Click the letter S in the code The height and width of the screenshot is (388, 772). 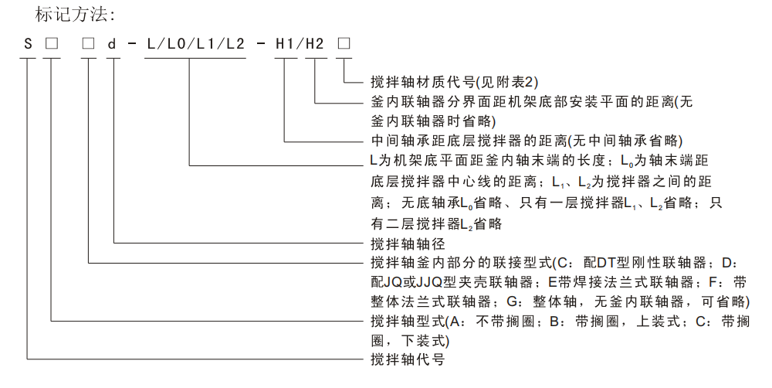29,44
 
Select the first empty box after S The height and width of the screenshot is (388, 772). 52,44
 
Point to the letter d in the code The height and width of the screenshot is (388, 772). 113,44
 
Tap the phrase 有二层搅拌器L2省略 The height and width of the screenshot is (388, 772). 436,224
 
